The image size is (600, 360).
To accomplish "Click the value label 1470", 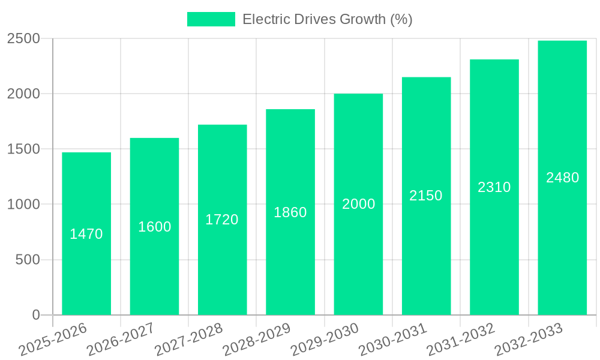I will pos(86,234).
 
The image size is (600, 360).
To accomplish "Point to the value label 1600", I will pos(155,227).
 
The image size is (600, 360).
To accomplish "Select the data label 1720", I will pos(222,220).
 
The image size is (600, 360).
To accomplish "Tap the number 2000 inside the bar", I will pos(359,204).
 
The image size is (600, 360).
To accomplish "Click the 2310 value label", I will pos(494,187).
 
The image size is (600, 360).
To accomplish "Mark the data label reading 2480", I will pos(562,178).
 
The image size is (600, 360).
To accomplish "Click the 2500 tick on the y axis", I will pos(23,39).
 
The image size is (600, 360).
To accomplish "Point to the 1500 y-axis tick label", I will pos(23,149).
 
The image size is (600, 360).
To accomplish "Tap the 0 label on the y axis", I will pos(36,315).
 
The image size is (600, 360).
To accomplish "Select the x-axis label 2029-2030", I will pos(325,339).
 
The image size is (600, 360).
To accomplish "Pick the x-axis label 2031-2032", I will pos(461,339).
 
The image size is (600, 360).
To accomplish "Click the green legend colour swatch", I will pos(211,19).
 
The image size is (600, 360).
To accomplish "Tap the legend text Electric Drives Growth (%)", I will pos(327,19).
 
